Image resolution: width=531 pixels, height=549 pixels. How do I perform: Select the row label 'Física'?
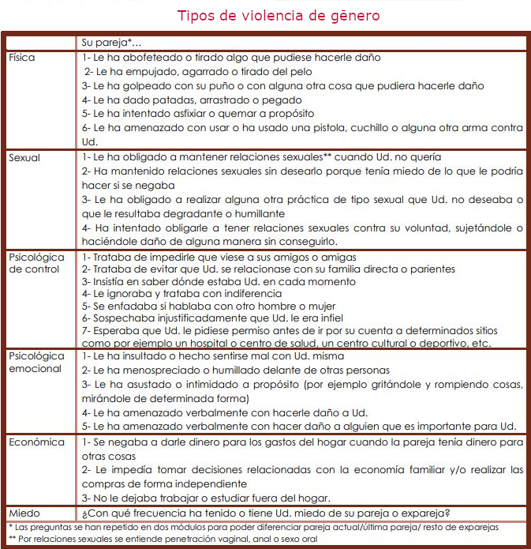point(22,58)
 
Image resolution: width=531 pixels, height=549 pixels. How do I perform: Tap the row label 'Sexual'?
point(24,157)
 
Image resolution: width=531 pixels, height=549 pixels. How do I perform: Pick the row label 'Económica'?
point(36,442)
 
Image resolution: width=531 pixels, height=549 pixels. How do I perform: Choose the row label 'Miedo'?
point(24,513)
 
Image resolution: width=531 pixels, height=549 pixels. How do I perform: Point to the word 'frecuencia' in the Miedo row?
point(155,513)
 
